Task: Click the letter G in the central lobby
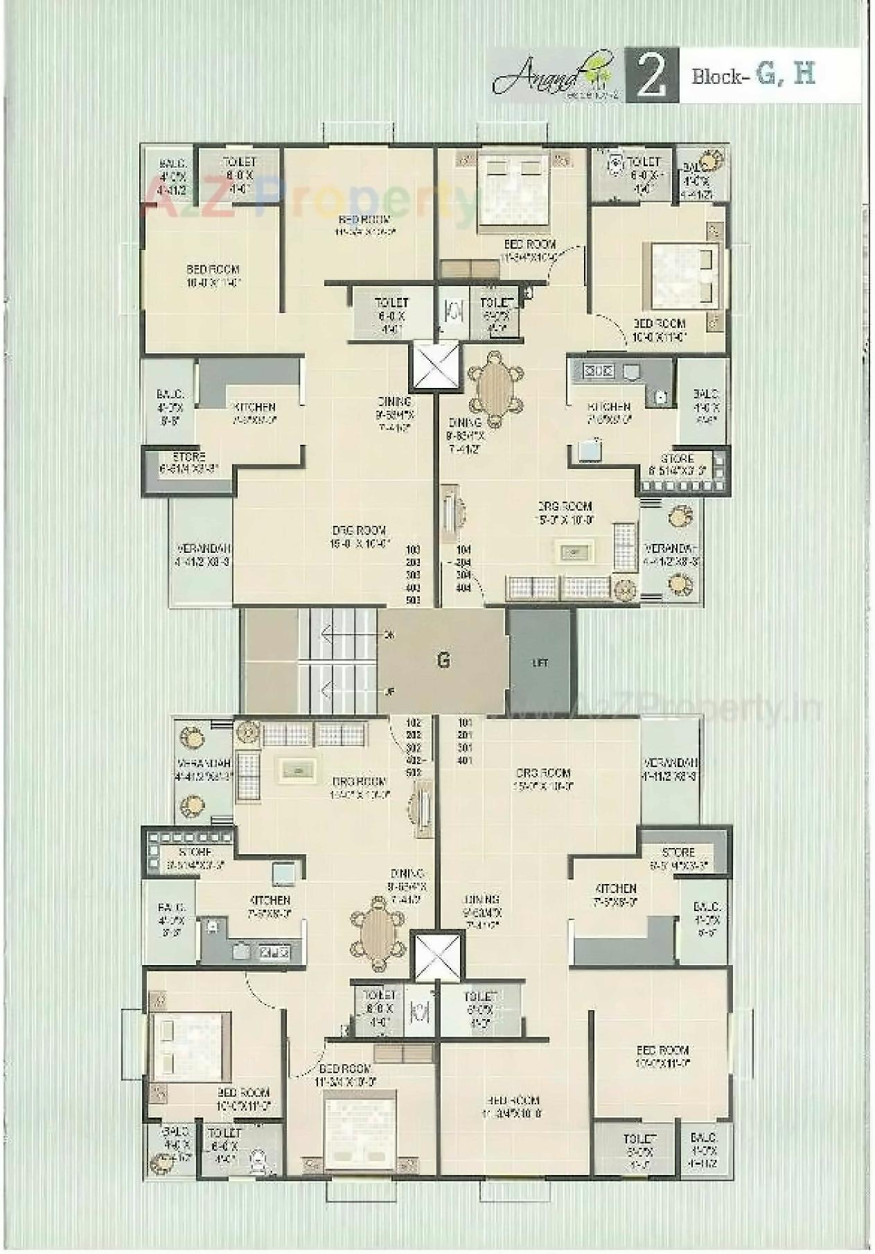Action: pyautogui.click(x=443, y=660)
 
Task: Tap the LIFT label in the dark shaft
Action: pyautogui.click(x=540, y=663)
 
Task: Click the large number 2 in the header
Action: pyautogui.click(x=651, y=77)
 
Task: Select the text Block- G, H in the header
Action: pyautogui.click(x=753, y=74)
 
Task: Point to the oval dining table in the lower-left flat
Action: pyautogui.click(x=378, y=933)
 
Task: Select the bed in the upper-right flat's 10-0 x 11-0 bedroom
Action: pyautogui.click(x=682, y=276)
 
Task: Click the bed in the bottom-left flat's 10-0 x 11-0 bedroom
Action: pyautogui.click(x=190, y=1047)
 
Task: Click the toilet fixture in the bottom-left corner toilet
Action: pyautogui.click(x=258, y=1159)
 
